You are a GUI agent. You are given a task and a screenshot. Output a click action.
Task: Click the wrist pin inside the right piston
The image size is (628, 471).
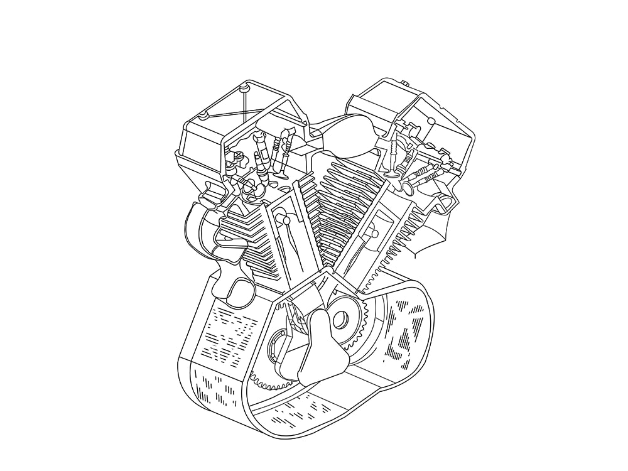[375, 234]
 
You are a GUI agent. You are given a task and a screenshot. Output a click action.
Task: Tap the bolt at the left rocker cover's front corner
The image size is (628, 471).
[203, 115]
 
